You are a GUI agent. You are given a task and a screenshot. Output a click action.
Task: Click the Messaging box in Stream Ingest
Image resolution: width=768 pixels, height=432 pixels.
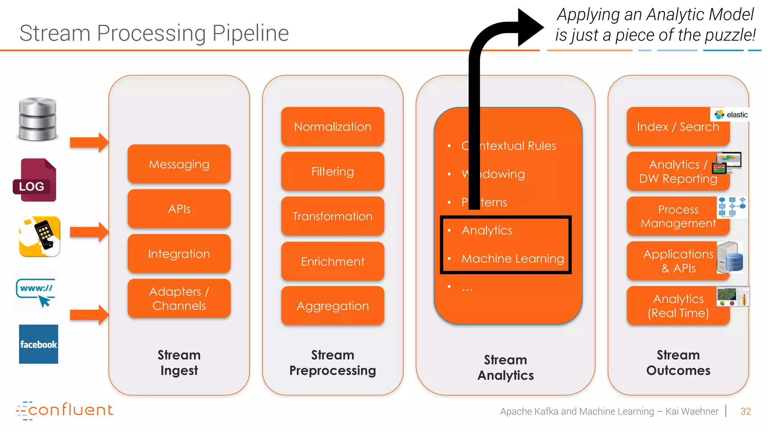point(179,164)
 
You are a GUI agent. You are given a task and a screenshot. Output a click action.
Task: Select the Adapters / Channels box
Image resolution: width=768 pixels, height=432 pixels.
point(179,298)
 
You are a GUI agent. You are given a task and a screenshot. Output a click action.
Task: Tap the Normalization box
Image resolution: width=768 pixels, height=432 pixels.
point(332,127)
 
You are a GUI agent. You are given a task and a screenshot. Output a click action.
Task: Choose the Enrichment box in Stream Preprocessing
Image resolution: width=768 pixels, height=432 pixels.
point(332,261)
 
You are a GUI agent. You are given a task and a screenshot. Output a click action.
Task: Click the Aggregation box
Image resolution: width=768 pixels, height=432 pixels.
point(332,306)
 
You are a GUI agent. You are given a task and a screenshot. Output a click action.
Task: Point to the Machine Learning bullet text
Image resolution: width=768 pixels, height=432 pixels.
point(512,258)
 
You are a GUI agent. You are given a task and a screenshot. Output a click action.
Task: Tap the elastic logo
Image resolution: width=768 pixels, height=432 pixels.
point(731,115)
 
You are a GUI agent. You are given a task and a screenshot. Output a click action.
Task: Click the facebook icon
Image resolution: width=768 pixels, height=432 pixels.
point(39,344)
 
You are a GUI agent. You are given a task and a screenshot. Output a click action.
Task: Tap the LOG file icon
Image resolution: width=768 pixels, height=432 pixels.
point(35,180)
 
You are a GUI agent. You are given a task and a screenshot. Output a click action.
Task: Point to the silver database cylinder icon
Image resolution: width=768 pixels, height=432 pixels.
point(37,119)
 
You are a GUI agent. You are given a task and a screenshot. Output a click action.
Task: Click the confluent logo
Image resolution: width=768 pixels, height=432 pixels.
point(64,410)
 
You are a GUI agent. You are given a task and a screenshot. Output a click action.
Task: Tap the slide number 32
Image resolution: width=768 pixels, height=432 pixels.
point(745,411)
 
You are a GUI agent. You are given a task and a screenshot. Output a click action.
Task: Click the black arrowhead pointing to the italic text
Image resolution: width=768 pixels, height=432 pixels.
point(529,27)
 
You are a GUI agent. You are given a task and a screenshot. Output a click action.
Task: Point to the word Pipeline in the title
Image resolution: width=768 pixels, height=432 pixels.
point(250,33)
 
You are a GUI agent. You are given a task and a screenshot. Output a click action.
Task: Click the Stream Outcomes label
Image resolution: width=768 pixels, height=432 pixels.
point(678,363)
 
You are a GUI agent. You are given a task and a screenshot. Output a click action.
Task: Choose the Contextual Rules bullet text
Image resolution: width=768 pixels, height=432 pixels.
point(508,146)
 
